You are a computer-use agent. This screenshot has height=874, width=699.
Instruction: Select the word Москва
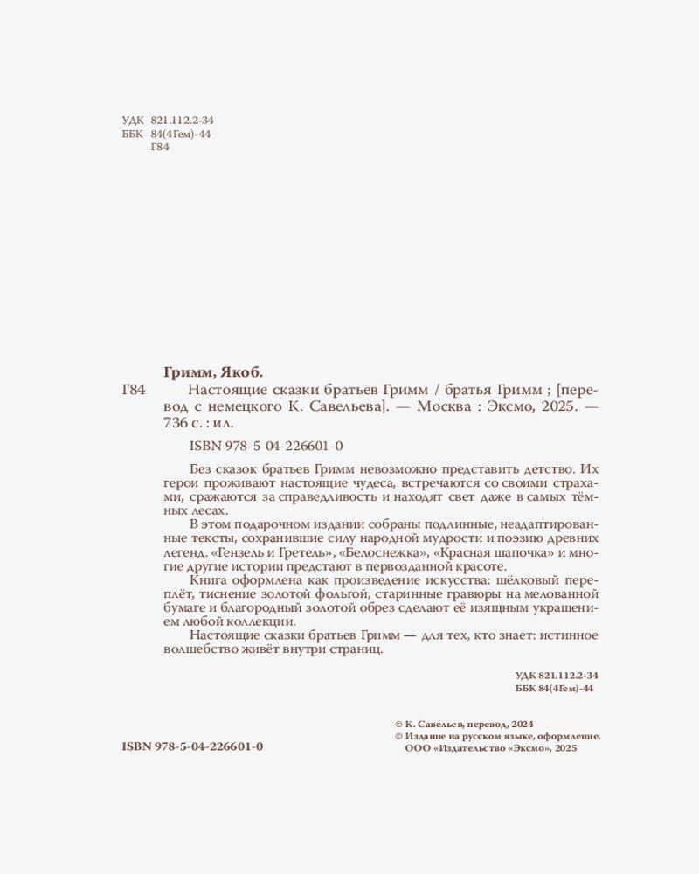click(x=441, y=407)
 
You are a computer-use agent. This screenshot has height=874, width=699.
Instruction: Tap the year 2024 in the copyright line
click(x=520, y=724)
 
